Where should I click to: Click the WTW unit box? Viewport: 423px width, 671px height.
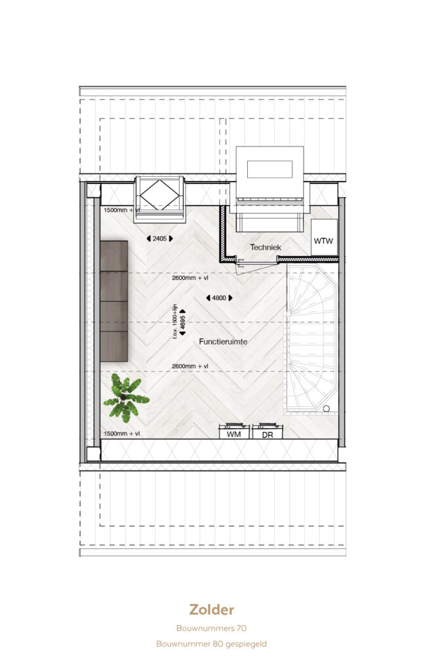pos(324,237)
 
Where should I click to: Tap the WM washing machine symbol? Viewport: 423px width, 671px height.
pos(233,431)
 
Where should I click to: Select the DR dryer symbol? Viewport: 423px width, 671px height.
pos(268,431)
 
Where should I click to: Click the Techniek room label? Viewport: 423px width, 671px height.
pos(266,247)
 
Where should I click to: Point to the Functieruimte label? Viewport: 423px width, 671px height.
pos(223,341)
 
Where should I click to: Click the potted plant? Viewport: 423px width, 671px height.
pos(126,398)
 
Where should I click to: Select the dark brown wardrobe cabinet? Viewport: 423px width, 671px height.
pos(114,301)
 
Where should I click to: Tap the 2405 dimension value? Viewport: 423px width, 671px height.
pos(160,239)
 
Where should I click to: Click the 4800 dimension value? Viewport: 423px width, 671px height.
pos(219,298)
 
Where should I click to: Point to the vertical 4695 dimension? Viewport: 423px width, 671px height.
pos(183,322)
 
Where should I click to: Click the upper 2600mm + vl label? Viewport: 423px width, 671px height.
pos(190,278)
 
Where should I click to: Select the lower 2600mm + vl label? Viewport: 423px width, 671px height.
pos(190,366)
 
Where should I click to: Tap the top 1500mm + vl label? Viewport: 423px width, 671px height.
pos(121,210)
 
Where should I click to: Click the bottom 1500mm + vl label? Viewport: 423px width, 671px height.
pos(121,434)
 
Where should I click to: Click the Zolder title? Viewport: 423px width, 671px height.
pos(211,609)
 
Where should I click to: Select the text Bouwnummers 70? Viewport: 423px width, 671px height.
pos(211,628)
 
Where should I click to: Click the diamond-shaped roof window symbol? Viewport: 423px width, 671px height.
pos(160,195)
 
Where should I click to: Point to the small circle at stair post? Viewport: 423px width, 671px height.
pos(326,409)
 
